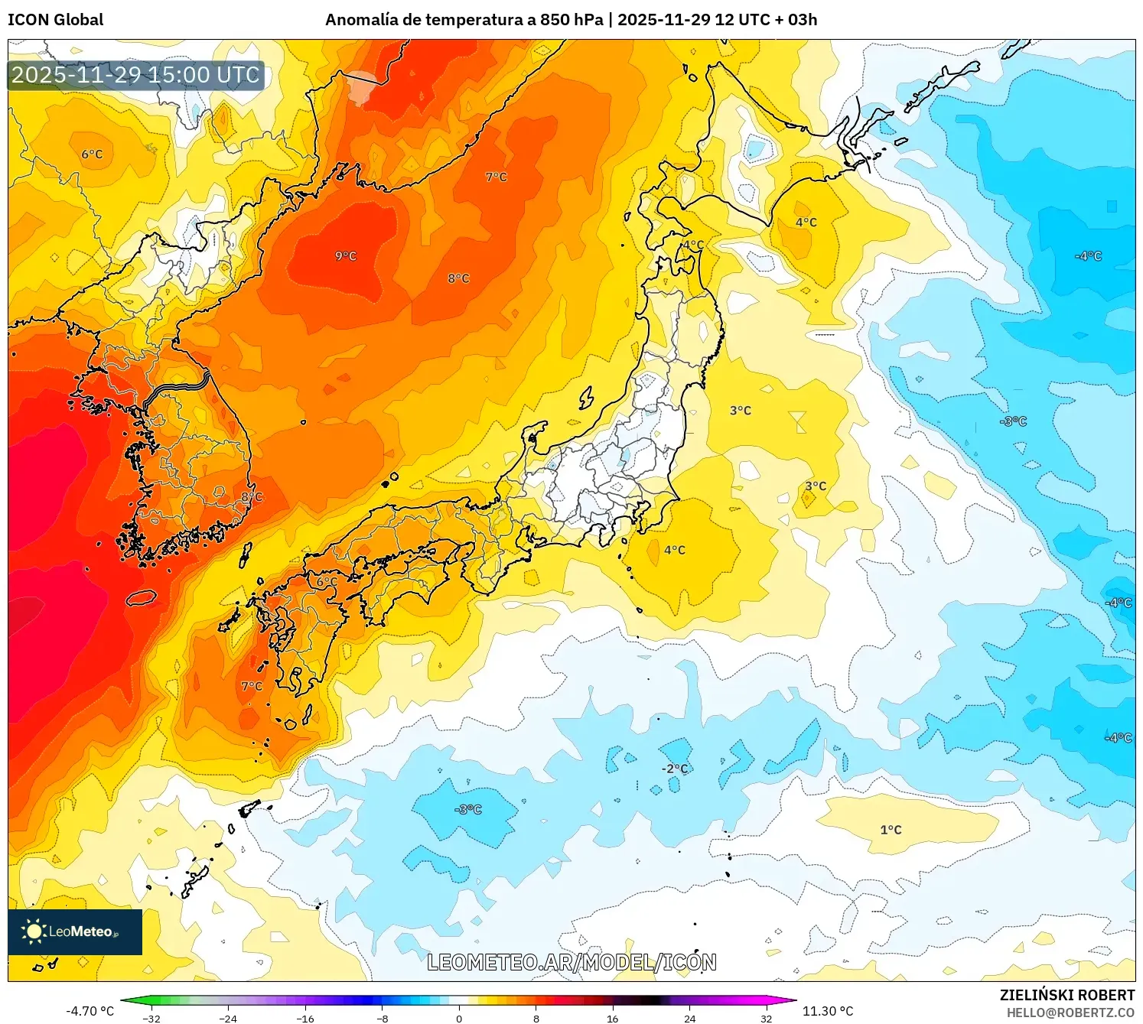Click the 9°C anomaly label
click(x=346, y=256)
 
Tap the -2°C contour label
click(x=675, y=769)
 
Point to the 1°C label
click(x=891, y=830)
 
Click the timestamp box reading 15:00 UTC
click(x=136, y=75)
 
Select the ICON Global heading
click(x=56, y=20)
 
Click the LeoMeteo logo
click(x=75, y=931)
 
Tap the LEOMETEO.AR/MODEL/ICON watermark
click(x=571, y=963)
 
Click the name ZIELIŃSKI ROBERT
click(x=1067, y=995)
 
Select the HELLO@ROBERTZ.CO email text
click(x=1070, y=1013)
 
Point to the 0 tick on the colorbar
click(x=459, y=1018)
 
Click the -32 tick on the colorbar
click(x=151, y=1018)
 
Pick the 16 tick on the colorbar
click(x=612, y=1018)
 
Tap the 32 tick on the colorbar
click(x=766, y=1018)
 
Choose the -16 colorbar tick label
click(x=305, y=1018)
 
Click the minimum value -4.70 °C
click(x=90, y=1011)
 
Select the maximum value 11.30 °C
click(x=828, y=1011)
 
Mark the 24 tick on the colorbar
click(x=689, y=1018)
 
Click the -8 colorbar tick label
click(x=383, y=1018)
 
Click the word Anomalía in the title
click(x=358, y=20)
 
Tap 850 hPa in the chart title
click(x=571, y=20)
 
